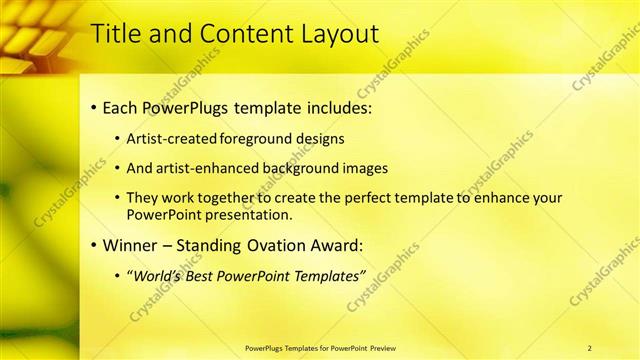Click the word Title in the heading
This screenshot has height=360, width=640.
(x=114, y=33)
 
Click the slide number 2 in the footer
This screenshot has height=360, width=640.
(x=590, y=348)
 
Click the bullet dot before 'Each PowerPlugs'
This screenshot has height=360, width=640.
(x=93, y=106)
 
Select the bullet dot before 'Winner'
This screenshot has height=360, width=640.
(x=93, y=245)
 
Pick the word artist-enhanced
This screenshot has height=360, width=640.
(x=208, y=168)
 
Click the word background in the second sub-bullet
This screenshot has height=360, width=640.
(x=305, y=168)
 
